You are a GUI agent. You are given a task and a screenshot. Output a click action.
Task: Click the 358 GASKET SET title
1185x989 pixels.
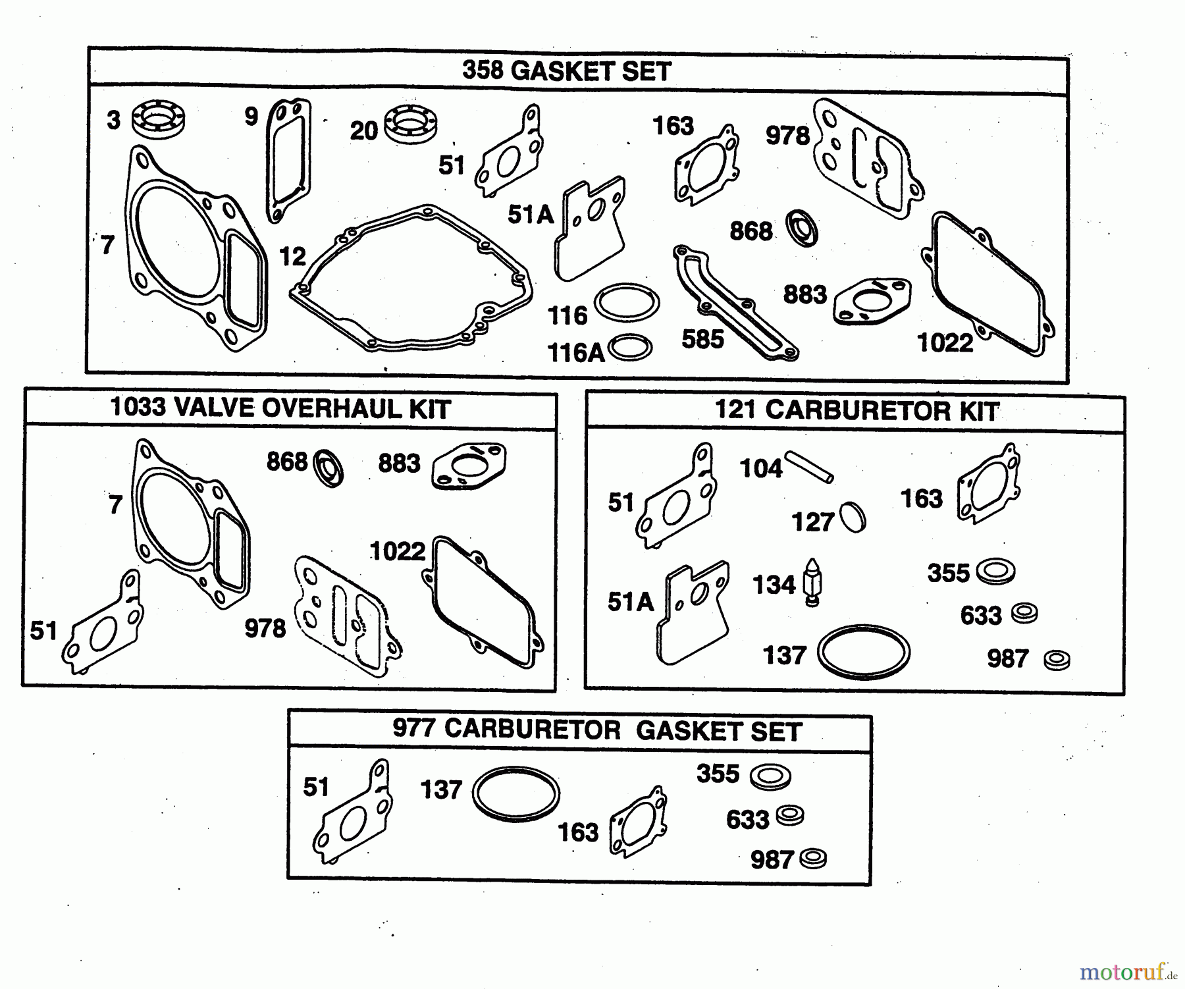point(566,71)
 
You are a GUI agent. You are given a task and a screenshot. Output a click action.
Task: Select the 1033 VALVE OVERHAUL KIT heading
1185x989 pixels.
point(281,409)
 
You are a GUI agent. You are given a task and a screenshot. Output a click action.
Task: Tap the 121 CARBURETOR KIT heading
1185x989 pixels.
point(856,411)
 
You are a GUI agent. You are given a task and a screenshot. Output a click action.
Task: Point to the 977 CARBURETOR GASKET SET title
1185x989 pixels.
point(597,730)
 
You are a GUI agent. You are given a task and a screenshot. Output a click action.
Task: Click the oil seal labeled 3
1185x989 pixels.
point(158,119)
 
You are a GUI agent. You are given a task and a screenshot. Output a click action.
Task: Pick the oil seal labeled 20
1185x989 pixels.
point(411,123)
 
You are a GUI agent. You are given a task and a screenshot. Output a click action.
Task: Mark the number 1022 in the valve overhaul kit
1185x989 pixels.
point(398,551)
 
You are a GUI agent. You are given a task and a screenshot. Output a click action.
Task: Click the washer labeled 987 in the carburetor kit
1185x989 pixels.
point(1057,659)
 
